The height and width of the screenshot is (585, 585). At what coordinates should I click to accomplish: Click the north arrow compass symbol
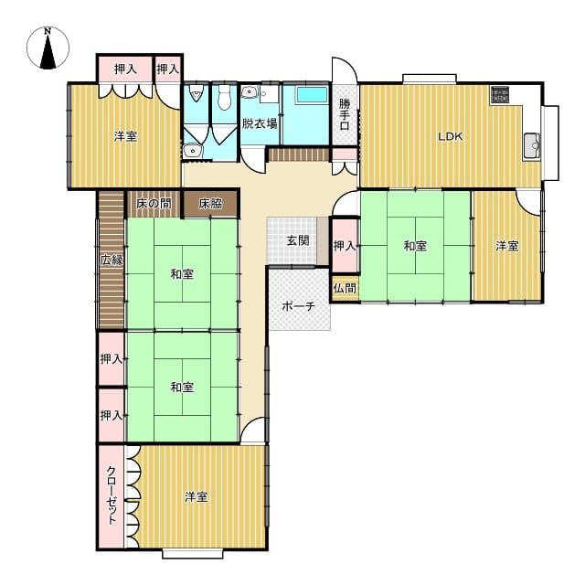[x=48, y=48]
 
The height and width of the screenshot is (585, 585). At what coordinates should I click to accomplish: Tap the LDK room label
[x=451, y=136]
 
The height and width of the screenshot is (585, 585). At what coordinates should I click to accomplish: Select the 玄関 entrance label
[x=298, y=240]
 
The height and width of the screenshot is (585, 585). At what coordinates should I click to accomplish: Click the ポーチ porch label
[x=299, y=306]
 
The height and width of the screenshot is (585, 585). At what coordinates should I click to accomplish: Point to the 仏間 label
[x=345, y=288]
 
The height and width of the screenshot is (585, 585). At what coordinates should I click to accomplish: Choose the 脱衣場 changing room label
[x=260, y=123]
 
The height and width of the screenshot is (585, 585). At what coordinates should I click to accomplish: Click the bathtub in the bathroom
[x=312, y=95]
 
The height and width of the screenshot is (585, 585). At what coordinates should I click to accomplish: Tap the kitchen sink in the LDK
[x=531, y=145]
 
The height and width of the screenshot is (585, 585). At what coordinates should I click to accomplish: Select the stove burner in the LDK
[x=500, y=94]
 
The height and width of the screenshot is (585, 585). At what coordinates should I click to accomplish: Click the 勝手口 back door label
[x=345, y=114]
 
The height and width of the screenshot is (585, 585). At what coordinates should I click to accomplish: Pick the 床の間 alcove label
[x=154, y=204]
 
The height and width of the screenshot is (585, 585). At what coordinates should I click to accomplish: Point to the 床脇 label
[x=211, y=204]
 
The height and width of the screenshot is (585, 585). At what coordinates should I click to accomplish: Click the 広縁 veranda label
[x=112, y=260]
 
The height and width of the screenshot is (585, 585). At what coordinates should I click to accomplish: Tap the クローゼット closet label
[x=112, y=495]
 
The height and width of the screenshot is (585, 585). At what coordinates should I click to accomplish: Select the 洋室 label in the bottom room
[x=196, y=497]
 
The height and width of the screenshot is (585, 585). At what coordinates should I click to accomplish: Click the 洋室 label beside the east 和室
[x=506, y=246]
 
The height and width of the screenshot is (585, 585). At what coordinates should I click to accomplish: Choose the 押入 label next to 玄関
[x=344, y=246]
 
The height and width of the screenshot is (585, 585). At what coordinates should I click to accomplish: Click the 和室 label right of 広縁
[x=182, y=274]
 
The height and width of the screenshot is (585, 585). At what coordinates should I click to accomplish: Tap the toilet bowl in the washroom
[x=224, y=98]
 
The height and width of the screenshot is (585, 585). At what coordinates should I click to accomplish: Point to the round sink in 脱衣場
[x=248, y=91]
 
